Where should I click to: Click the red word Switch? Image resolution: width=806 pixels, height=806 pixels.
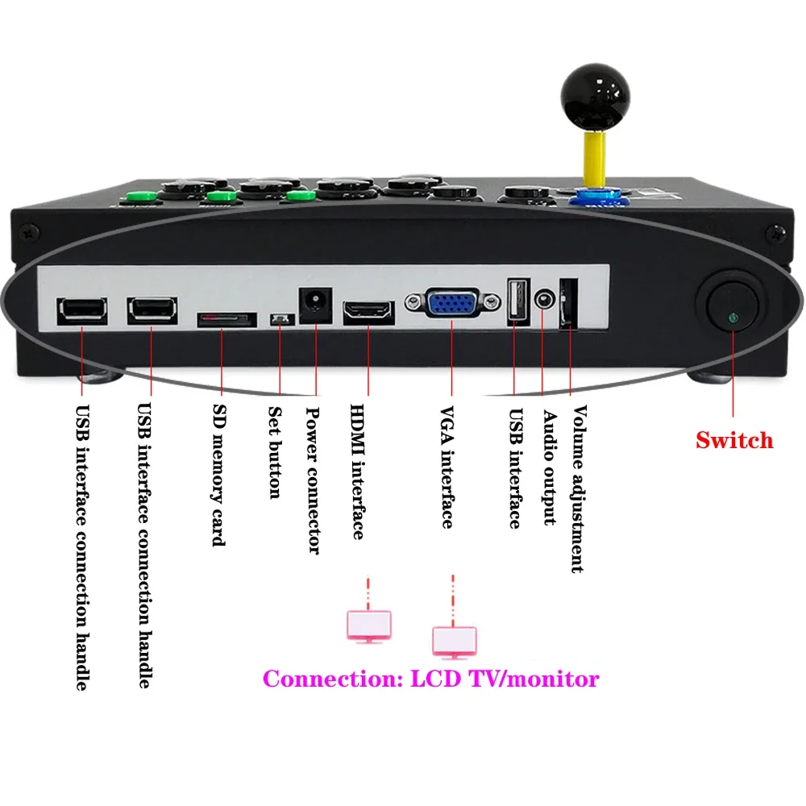tap(734, 440)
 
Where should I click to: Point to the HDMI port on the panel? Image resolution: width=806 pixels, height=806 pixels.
tap(368, 311)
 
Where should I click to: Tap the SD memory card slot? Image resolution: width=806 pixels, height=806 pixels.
tap(227, 320)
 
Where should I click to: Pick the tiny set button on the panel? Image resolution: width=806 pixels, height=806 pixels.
tap(280, 320)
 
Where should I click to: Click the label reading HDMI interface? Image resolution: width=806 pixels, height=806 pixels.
tap(357, 472)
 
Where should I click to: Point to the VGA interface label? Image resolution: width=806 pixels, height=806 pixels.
tap(446, 467)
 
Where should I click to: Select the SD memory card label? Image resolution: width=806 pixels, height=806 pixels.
tap(217, 476)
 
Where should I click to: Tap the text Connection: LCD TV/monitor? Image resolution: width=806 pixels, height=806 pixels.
tap(431, 679)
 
